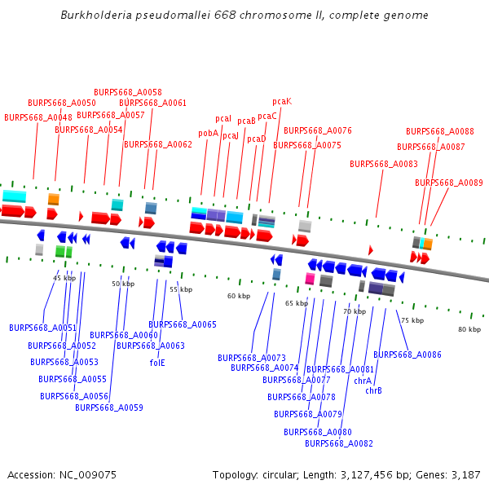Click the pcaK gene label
point(282,102)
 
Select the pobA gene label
point(208,133)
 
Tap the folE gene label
point(157,363)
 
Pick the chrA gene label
point(363,381)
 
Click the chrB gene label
point(373,390)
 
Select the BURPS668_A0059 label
point(109,407)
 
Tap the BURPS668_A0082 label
point(339,443)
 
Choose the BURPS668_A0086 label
point(407,355)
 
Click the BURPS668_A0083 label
point(384,164)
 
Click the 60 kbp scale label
point(239,296)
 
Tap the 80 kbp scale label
point(469,329)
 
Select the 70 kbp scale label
point(355,311)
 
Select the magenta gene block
point(310,279)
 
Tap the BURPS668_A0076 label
point(318,130)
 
